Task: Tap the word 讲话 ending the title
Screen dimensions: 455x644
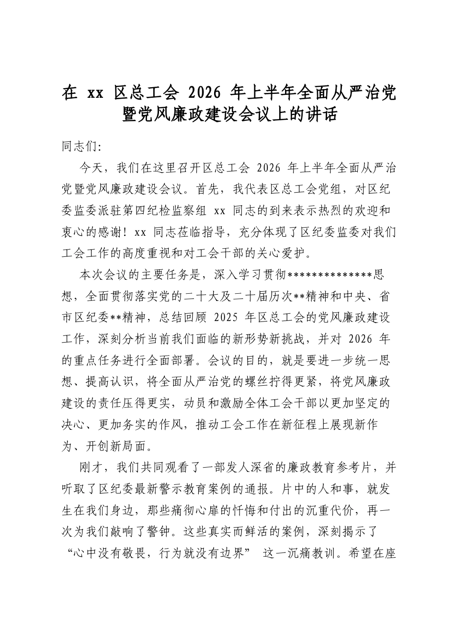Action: click(317, 115)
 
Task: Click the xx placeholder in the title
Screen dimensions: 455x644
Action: click(94, 92)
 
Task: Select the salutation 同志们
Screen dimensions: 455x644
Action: click(79, 146)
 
